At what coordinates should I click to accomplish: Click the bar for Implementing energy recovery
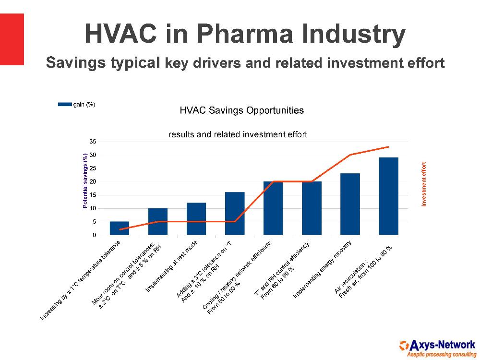[350, 204]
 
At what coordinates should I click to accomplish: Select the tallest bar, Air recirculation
[388, 196]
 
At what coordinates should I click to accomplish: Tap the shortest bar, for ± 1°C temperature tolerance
[120, 228]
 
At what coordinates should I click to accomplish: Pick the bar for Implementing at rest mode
[196, 219]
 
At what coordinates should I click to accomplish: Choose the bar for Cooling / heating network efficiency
[273, 208]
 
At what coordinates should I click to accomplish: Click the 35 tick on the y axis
[93, 142]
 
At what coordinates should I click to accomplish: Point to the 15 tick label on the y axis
[93, 195]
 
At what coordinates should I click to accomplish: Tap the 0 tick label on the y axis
[95, 235]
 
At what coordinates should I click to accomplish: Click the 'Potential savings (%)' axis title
[85, 180]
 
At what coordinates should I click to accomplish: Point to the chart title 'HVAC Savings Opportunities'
[241, 110]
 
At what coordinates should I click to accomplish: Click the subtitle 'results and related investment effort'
[238, 135]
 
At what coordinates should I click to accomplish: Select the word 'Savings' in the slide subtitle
[76, 62]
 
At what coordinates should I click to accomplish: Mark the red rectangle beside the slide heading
[12, 39]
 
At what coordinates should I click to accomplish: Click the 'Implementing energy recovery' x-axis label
[323, 270]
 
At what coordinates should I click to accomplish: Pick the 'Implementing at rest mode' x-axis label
[171, 266]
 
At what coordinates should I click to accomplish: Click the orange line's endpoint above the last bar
[388, 147]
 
